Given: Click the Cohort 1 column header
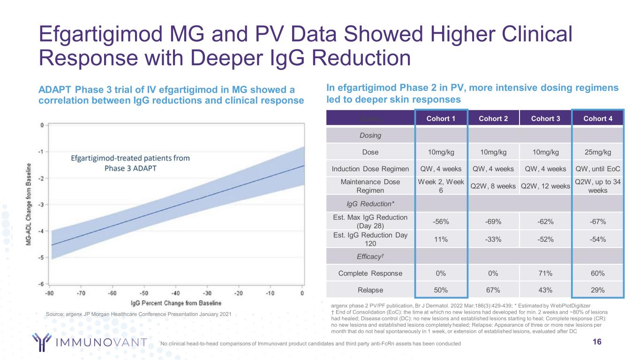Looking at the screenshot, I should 441,119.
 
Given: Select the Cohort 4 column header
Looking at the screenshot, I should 598,119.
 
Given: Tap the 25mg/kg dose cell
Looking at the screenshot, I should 598,152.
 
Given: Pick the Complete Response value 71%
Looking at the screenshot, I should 545,272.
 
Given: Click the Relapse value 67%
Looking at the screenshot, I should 493,290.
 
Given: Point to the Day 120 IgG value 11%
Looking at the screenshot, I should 441,239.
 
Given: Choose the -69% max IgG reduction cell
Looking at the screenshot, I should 493,221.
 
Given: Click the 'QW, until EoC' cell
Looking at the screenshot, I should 598,169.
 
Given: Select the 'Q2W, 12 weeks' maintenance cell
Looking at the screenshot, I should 545,186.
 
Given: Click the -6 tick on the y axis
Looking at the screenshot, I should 41,284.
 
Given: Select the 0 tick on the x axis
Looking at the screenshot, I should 302,293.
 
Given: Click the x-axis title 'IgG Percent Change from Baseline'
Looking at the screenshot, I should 175,303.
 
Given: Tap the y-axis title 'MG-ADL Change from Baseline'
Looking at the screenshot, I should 29,205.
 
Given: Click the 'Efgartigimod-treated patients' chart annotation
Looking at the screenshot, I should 130,163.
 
